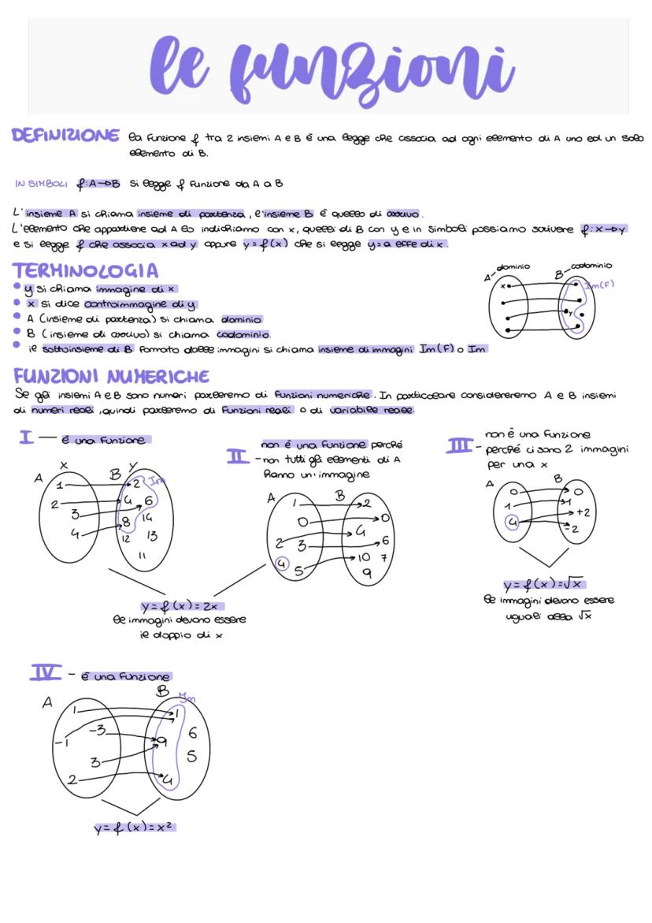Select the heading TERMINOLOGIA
click(x=87, y=270)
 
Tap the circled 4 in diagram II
click(x=283, y=564)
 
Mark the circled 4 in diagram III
click(x=512, y=522)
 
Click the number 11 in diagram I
click(x=142, y=555)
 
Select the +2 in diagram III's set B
click(x=582, y=512)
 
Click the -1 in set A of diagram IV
click(x=61, y=741)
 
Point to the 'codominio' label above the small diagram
click(x=591, y=266)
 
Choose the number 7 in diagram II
click(x=384, y=558)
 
